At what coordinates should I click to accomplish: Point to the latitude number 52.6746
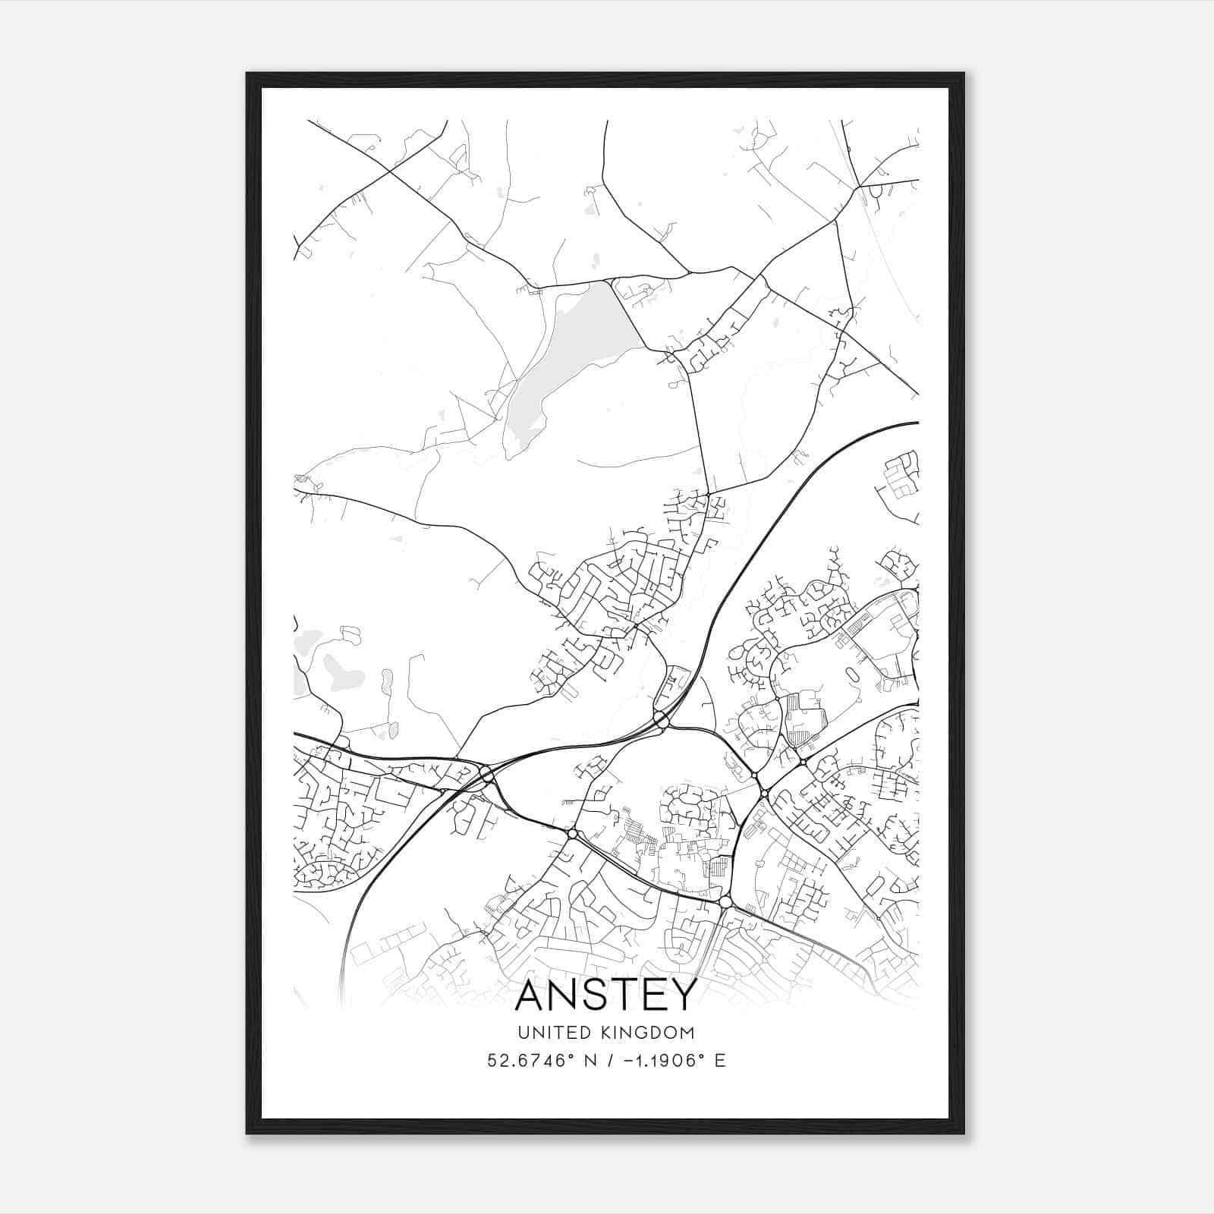point(523,1061)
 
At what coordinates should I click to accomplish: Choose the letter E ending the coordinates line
point(720,1061)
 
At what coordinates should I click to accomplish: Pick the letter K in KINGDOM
point(605,1033)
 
